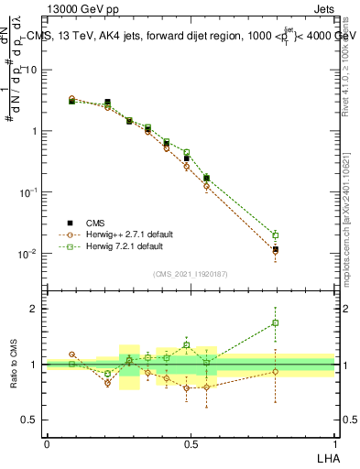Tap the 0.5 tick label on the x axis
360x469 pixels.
(191, 444)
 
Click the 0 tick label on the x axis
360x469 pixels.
(47, 444)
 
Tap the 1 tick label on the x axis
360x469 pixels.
(334, 444)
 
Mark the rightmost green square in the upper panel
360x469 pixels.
(275, 234)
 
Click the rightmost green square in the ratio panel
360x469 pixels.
(275, 322)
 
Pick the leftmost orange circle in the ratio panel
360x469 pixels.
(71, 354)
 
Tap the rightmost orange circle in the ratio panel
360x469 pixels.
(275, 371)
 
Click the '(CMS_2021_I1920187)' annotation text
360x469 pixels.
(191, 273)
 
